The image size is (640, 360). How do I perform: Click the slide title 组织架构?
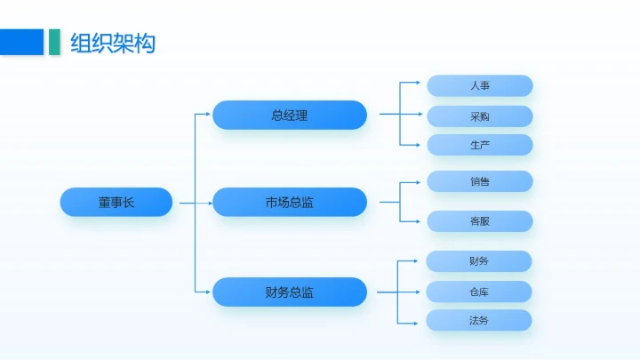pos(113,42)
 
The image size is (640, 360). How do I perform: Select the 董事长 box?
pos(116,203)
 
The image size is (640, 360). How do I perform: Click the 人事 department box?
pos(480,86)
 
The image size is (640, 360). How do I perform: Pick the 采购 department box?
pos(480,116)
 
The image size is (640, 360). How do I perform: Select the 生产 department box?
pos(480,145)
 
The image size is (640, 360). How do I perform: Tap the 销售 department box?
pos(480,181)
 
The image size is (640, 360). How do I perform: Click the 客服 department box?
pos(480,221)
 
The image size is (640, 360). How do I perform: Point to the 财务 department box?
pos(479,261)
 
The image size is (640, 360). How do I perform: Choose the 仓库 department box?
pos(479,292)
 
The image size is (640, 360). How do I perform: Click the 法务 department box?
pos(479,320)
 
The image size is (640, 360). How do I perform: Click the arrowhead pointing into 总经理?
pos(208,115)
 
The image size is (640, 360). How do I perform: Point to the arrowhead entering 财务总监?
pos(208,292)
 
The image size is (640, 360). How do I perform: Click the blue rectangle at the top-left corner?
pos(21,42)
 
